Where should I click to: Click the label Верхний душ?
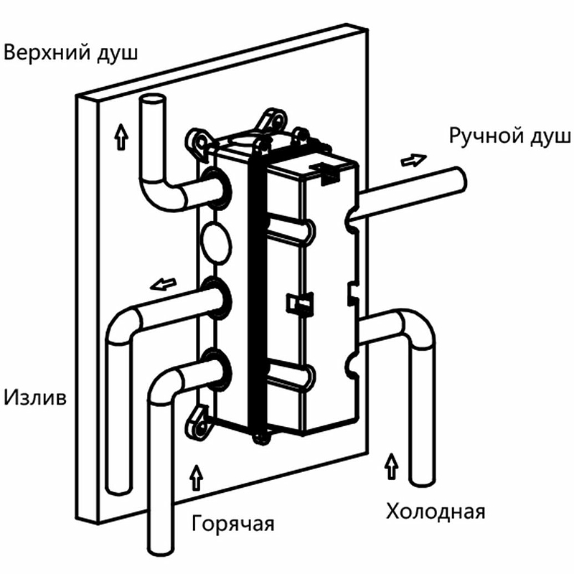click(x=70, y=53)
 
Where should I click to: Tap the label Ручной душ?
click(x=509, y=136)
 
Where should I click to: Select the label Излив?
click(x=35, y=396)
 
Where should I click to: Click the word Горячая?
click(x=233, y=522)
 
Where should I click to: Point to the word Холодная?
click(x=436, y=512)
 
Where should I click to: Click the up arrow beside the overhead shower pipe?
click(x=119, y=133)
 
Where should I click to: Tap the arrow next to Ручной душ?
click(x=413, y=159)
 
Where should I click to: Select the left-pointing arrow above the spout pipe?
click(x=164, y=284)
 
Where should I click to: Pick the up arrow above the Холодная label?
click(x=391, y=466)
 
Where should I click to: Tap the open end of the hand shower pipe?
click(x=459, y=177)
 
